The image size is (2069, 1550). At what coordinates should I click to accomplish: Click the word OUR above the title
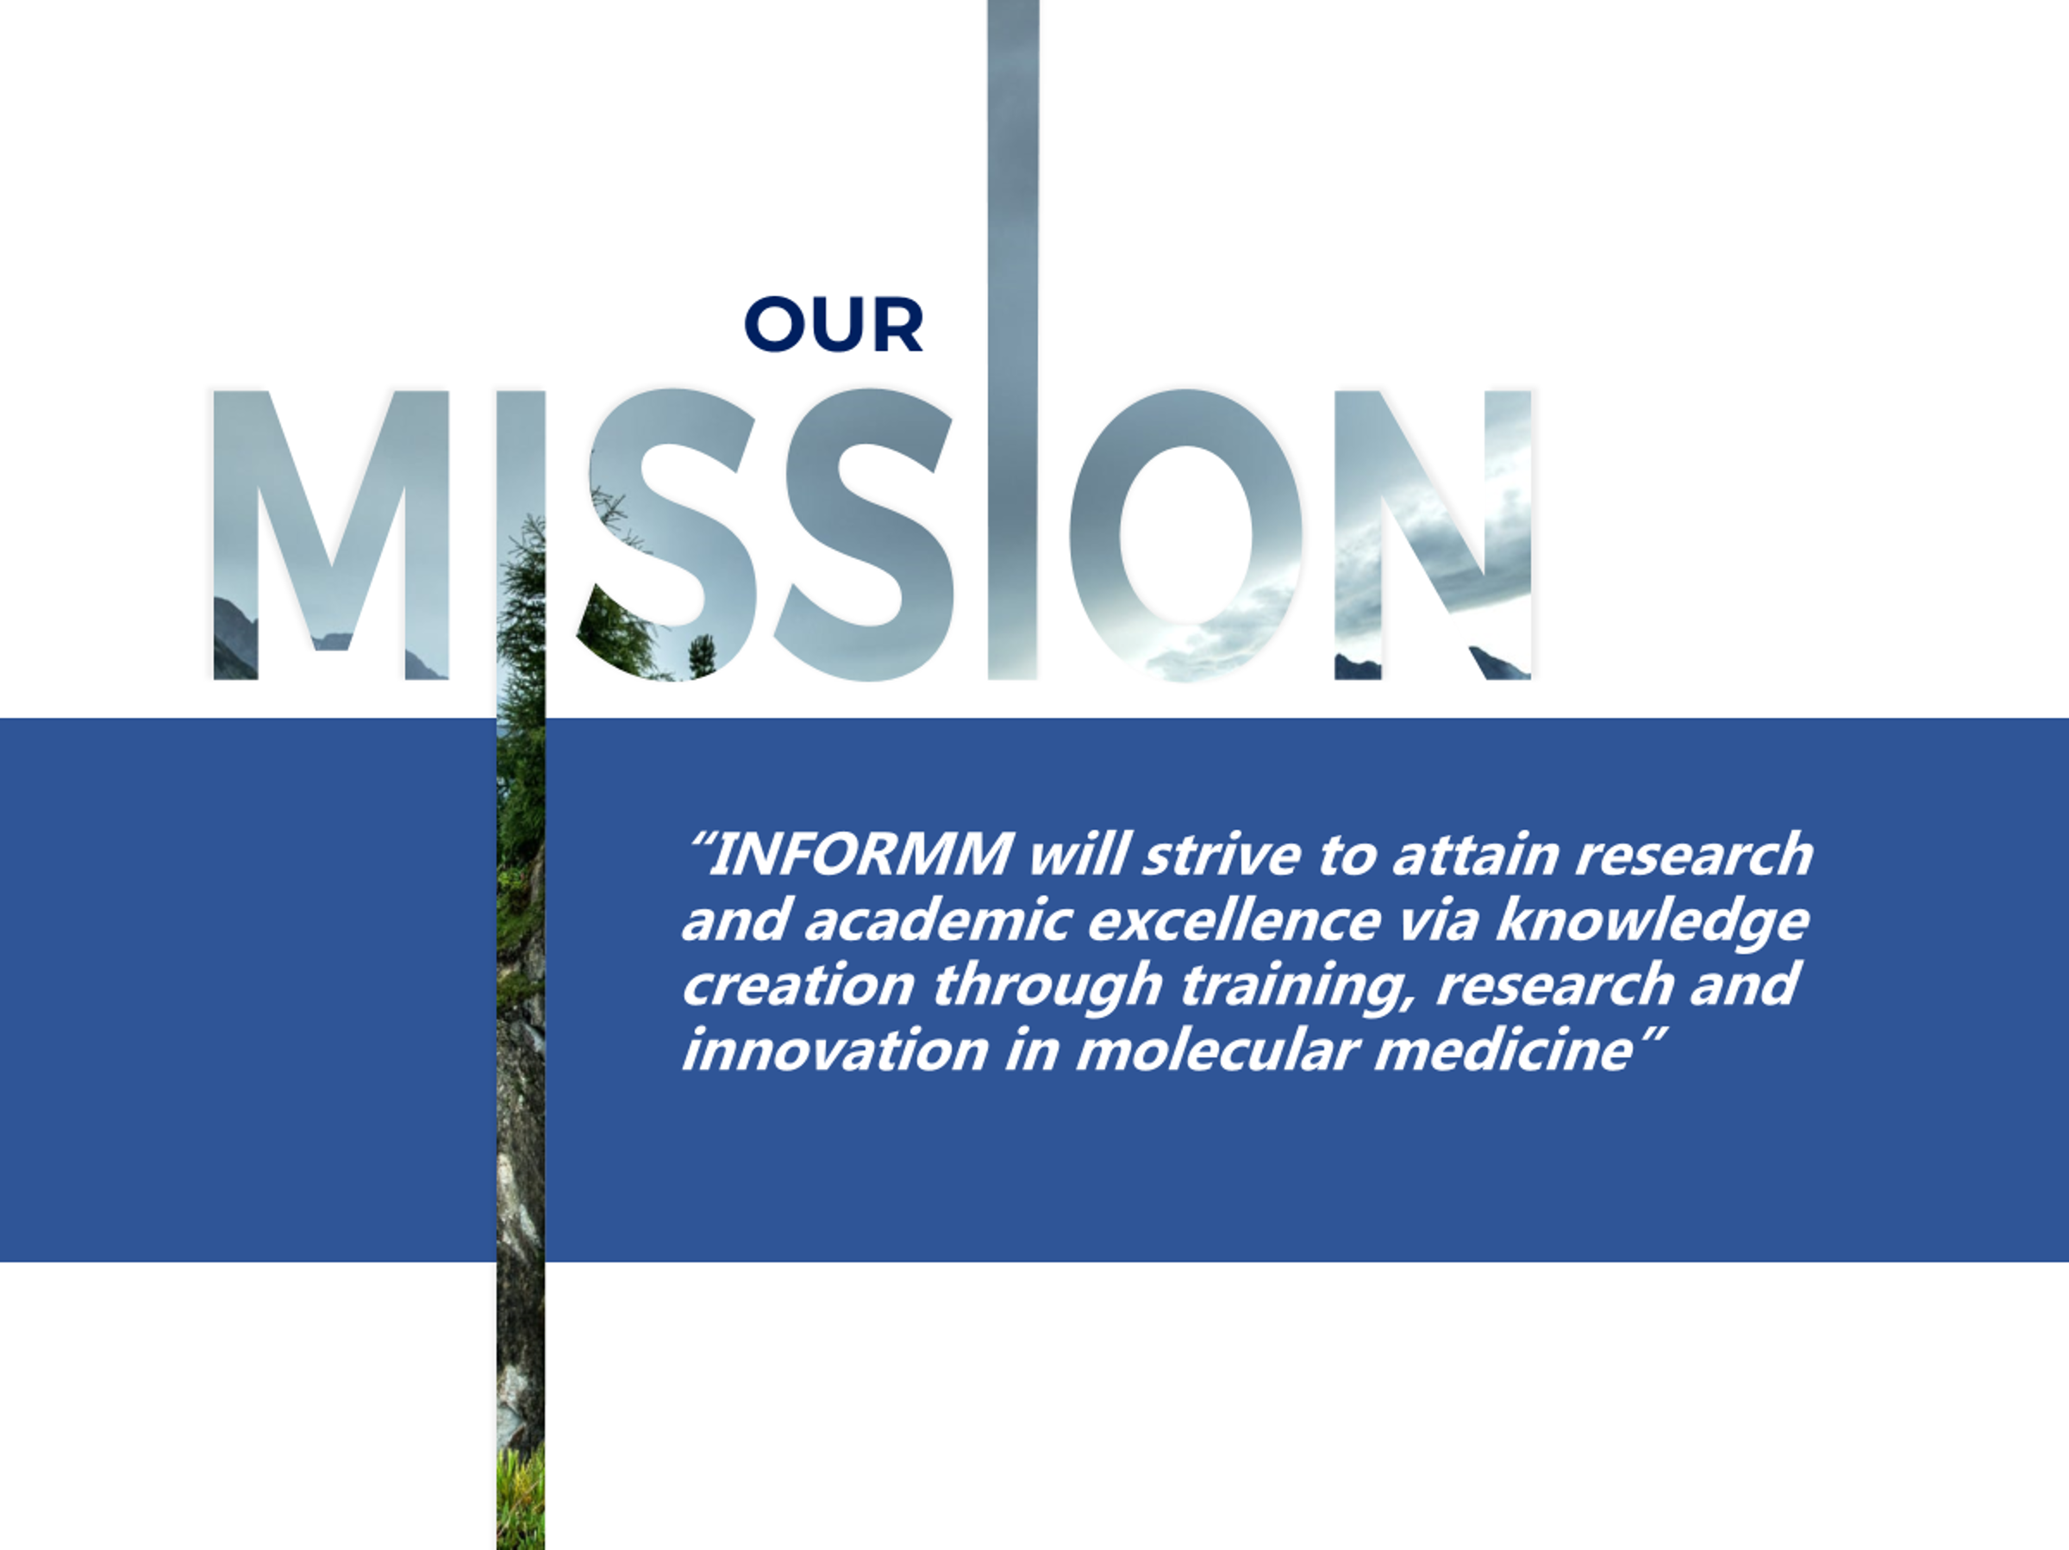coord(834,325)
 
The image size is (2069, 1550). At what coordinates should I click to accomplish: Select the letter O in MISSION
coord(1186,535)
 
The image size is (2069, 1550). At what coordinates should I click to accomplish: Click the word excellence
coord(1234,920)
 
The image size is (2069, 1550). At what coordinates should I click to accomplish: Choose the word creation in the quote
coord(797,986)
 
